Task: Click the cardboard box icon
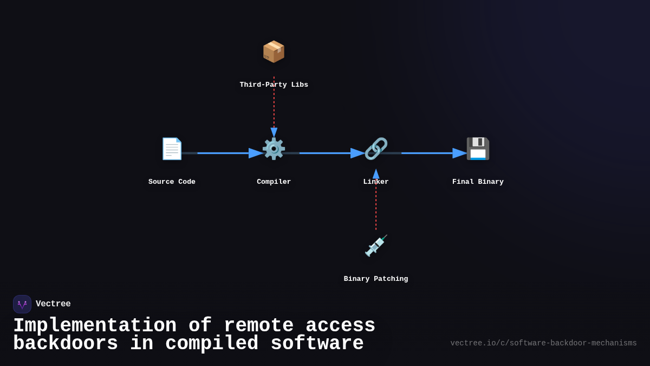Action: [274, 52]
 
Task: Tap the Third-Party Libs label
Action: [274, 85]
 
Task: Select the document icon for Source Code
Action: [172, 149]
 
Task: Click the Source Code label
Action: [172, 182]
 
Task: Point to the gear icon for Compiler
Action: [274, 149]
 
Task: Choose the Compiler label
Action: [274, 182]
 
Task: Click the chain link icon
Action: [376, 149]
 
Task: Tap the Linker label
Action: [376, 182]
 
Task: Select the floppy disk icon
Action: [478, 149]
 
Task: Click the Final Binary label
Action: [478, 182]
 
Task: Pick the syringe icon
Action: [376, 246]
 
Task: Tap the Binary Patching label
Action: [376, 279]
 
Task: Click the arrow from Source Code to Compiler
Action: [222, 153]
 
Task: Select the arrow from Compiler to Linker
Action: [325, 153]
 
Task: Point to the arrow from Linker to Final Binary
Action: [428, 153]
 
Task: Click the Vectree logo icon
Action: [22, 304]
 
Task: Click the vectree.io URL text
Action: [543, 343]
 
